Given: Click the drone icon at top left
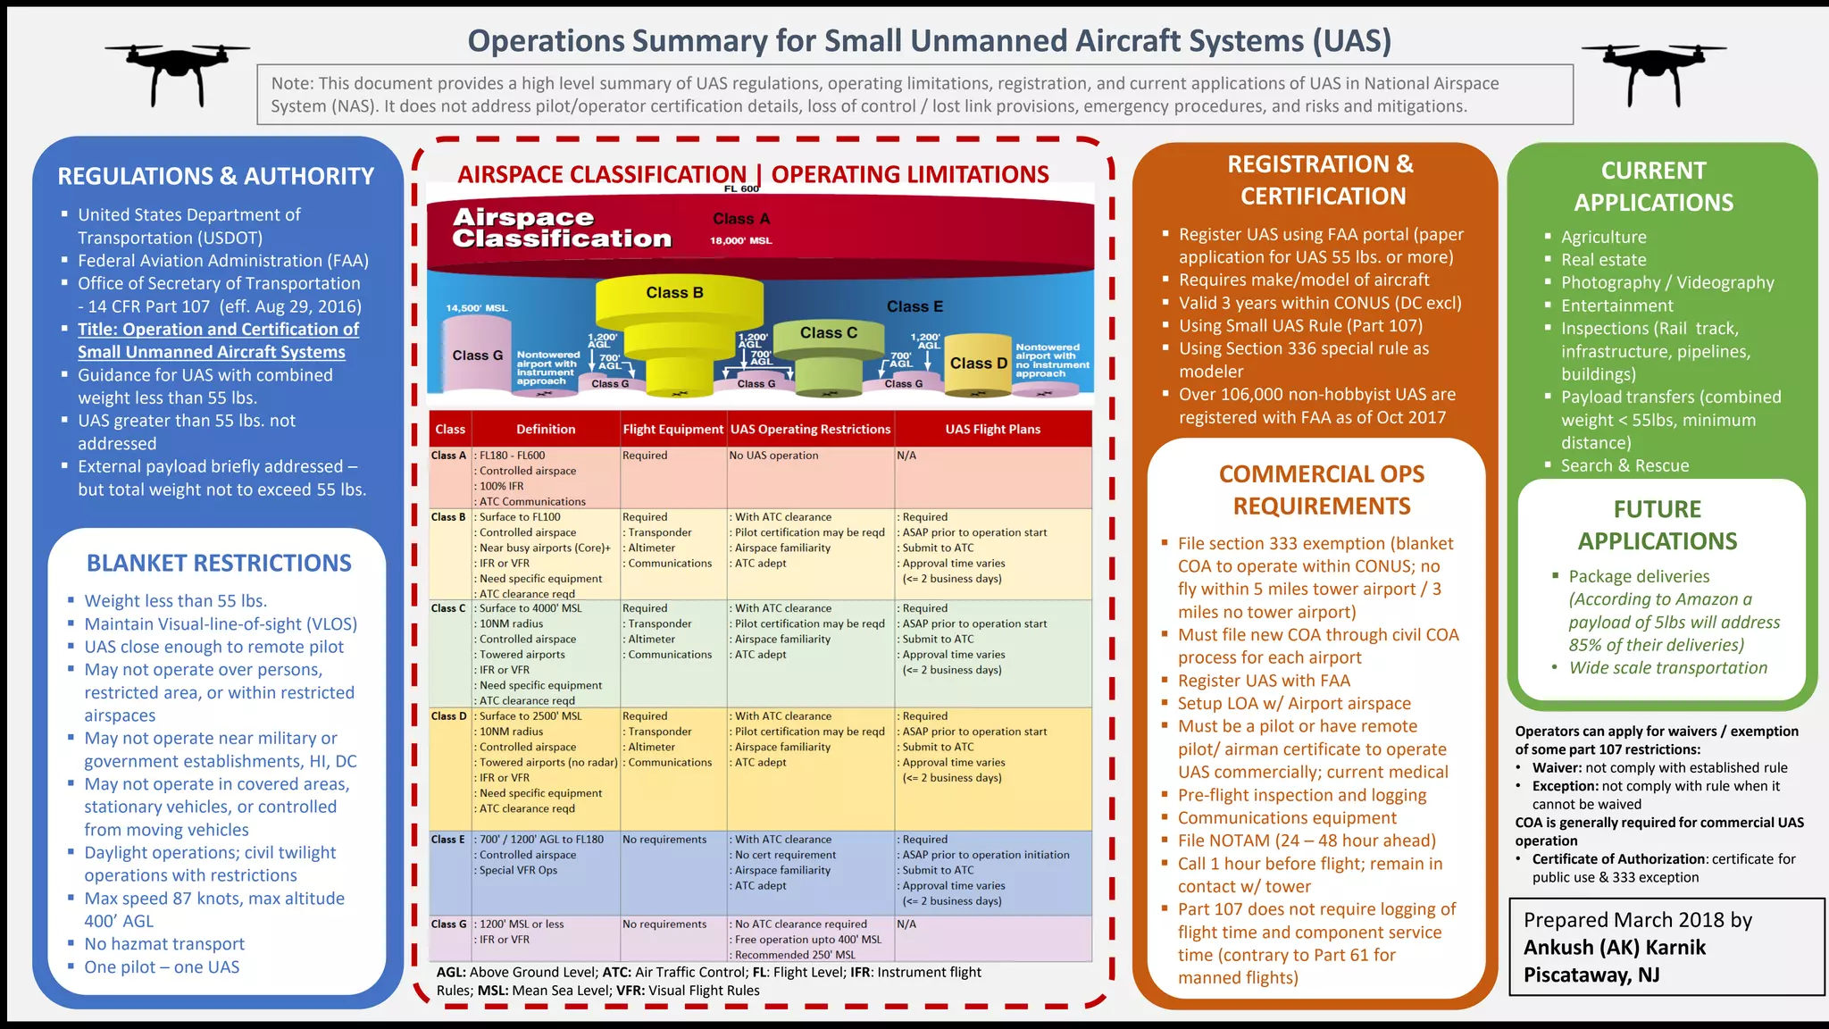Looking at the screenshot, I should (177, 71).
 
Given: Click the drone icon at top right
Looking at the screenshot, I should (1654, 71).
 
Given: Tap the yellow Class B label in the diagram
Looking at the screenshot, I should (674, 293).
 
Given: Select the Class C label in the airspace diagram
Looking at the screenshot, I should (828, 333).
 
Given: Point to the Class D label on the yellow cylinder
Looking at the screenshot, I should (978, 364).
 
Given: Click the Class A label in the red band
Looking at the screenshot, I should (741, 219).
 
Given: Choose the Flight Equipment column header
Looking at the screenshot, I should (672, 430).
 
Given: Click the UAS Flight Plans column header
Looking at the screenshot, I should (992, 430).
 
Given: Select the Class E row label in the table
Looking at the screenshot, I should (448, 840).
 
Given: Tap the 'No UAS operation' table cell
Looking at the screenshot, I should (773, 456).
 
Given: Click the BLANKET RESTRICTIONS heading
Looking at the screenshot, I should (219, 564).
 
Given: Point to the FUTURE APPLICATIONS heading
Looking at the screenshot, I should (1657, 525).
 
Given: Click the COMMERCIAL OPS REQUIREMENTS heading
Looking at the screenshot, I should (1322, 490).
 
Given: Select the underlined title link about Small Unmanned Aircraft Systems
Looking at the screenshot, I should (218, 340).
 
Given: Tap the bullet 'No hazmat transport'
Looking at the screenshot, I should (164, 944).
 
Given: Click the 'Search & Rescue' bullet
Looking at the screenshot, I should (1624, 465).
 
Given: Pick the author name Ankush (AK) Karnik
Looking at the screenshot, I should (1614, 948).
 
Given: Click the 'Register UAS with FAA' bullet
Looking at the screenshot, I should (1264, 681).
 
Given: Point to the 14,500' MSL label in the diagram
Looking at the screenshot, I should (477, 308).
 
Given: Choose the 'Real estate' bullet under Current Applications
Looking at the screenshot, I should (1603, 260).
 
